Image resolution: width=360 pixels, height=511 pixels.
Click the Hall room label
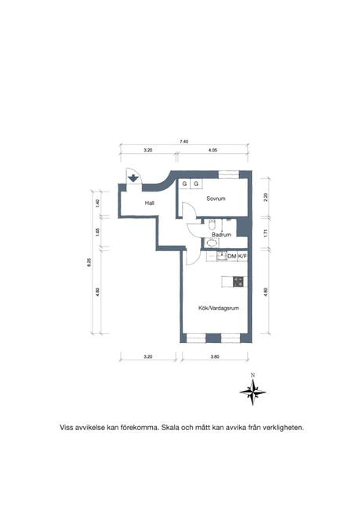[149, 203]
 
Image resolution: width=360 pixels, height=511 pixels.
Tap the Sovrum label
[216, 199]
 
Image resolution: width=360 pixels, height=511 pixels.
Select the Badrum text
[221, 235]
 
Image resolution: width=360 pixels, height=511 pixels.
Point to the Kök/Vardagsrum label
[219, 308]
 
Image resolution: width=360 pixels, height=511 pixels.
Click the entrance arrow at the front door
[133, 179]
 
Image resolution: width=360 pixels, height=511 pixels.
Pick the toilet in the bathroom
[213, 224]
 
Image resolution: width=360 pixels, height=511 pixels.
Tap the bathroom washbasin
[212, 243]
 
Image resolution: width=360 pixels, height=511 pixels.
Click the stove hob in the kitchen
[238, 282]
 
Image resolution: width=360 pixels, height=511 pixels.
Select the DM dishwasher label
[231, 257]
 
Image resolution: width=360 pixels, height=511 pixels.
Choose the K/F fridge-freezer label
[242, 257]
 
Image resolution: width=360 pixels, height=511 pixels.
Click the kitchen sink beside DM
[222, 257]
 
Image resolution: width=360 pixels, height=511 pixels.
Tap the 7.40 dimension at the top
[184, 141]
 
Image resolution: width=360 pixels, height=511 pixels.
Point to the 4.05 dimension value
[213, 150]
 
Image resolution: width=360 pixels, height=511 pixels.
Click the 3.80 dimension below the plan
[215, 356]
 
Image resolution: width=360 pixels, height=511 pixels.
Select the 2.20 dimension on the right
[266, 197]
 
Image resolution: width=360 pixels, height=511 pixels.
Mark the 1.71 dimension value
[266, 233]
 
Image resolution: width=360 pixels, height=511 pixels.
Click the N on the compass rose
[253, 375]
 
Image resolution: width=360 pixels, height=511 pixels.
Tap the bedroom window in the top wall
[229, 175]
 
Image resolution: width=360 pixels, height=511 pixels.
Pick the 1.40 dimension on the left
[96, 203]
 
